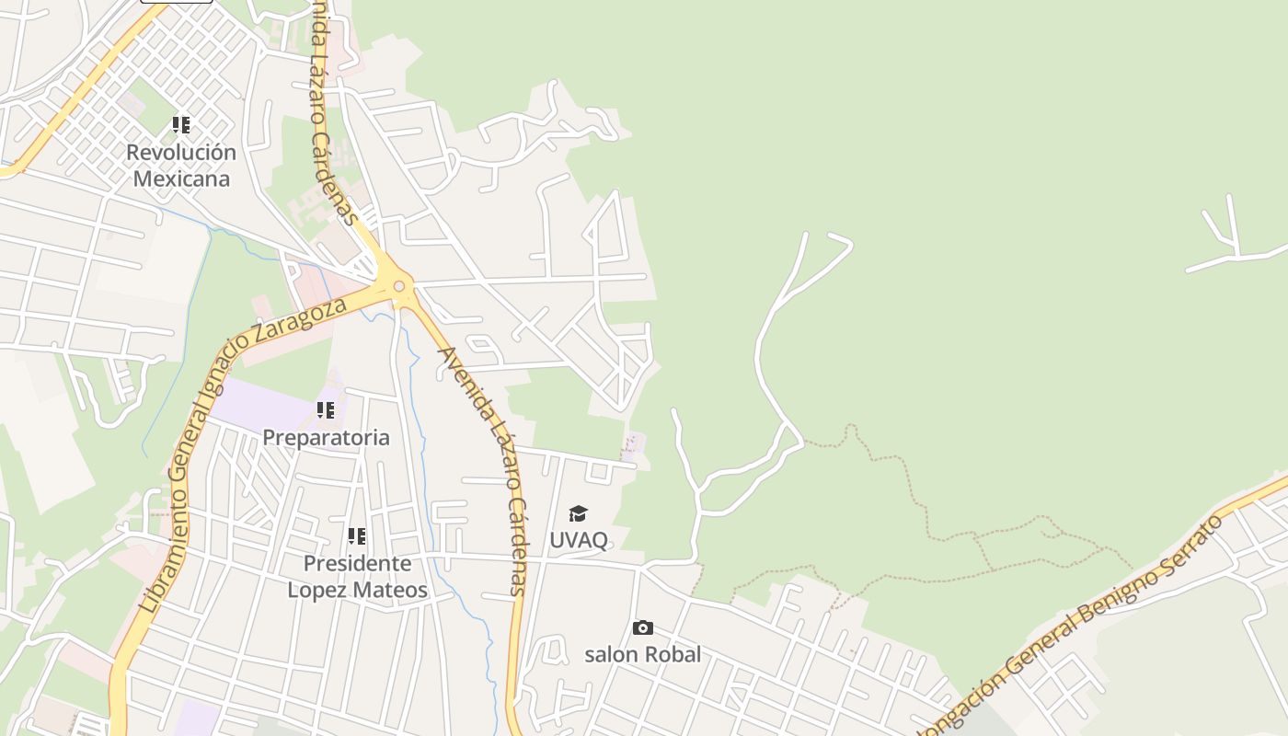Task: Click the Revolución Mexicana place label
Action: [x=181, y=166]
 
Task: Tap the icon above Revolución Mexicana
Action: [x=181, y=124]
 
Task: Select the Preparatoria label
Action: [x=326, y=438]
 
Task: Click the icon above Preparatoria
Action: [x=326, y=410]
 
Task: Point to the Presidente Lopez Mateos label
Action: [x=357, y=576]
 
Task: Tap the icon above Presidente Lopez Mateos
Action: [x=357, y=535]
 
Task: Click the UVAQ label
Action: [x=579, y=540]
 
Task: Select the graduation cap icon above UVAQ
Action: [x=578, y=513]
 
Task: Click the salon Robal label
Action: [x=642, y=654]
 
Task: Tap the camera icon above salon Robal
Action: [x=643, y=628]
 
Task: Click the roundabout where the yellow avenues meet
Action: [x=398, y=286]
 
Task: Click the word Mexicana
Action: [x=181, y=178]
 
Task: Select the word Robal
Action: [x=672, y=654]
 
